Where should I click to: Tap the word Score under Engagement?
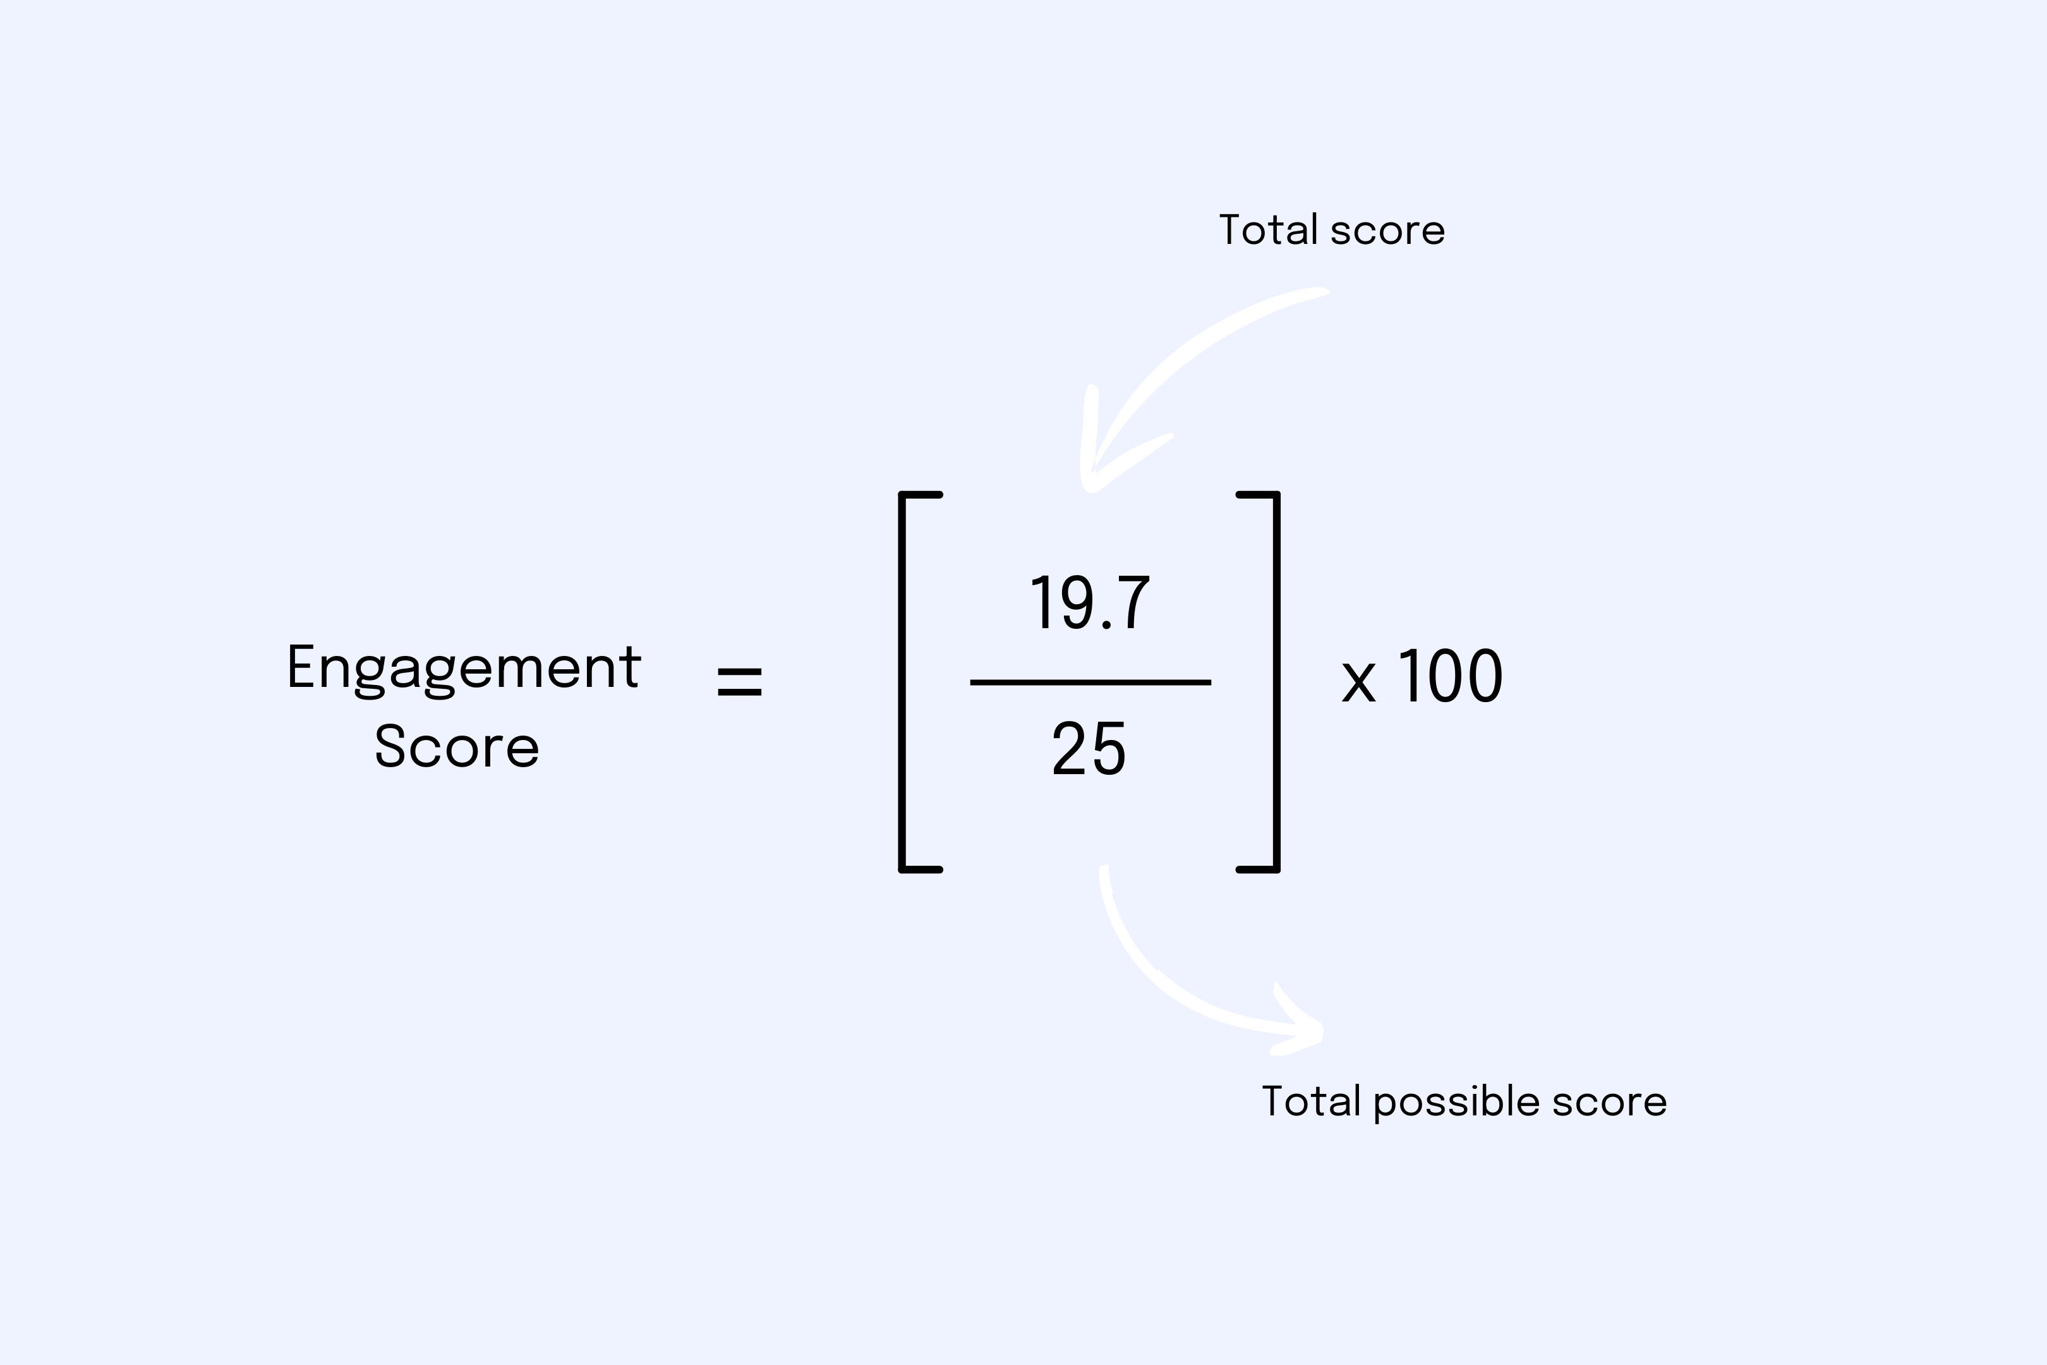457,747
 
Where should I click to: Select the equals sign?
739,682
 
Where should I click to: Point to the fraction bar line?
1090,682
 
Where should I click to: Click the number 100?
1451,676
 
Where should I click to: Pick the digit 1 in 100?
1410,676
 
